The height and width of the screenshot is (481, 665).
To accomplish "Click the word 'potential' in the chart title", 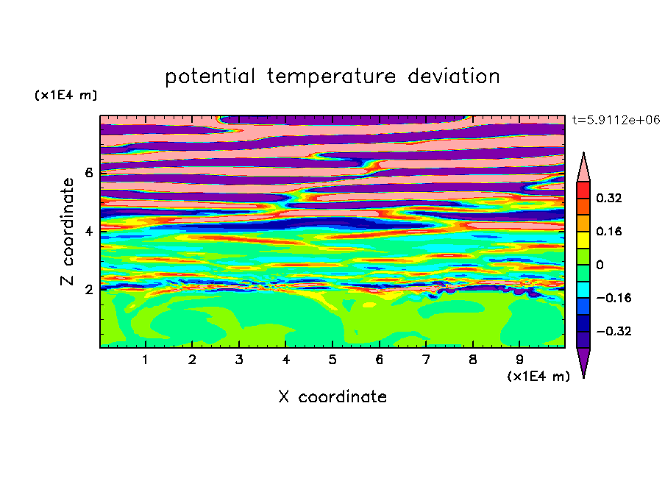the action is point(210,76).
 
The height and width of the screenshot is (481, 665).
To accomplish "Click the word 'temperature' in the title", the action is point(332,76).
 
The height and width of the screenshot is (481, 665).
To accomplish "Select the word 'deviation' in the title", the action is point(454,76).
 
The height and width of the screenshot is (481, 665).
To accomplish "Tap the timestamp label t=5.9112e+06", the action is point(616,120).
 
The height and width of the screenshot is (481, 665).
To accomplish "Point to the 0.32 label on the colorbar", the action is point(608,198).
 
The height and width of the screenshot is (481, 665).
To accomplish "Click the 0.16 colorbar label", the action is point(608,231).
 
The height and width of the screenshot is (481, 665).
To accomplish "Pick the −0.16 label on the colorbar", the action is point(614,298).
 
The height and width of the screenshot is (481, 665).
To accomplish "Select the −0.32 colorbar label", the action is point(614,331).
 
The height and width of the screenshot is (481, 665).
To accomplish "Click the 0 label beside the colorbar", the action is point(600,265).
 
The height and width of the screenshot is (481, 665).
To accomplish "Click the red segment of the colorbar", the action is point(583,190).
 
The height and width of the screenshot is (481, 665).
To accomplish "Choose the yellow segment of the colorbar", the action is point(583,240).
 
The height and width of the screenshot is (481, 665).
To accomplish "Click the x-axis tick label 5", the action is point(332,360).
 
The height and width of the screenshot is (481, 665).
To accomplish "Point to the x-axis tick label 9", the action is point(519,360).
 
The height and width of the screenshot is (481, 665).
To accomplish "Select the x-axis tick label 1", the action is point(146,360).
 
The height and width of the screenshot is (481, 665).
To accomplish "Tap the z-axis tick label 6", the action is point(88,173).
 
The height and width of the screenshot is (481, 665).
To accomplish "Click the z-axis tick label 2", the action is point(88,290).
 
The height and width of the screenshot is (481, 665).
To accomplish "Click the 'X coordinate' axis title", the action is point(332,396).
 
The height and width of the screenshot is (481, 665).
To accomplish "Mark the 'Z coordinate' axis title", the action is point(67,232).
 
